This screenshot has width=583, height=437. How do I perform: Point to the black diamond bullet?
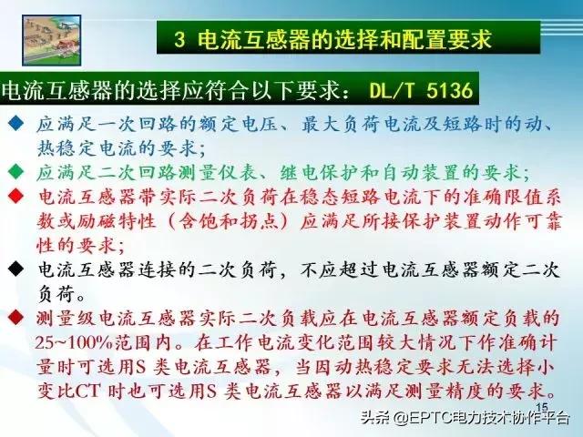(15, 269)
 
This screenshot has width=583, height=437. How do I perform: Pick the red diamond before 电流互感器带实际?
(15, 196)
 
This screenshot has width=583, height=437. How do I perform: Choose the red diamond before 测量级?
(15, 318)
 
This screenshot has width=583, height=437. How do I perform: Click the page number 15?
(541, 407)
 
